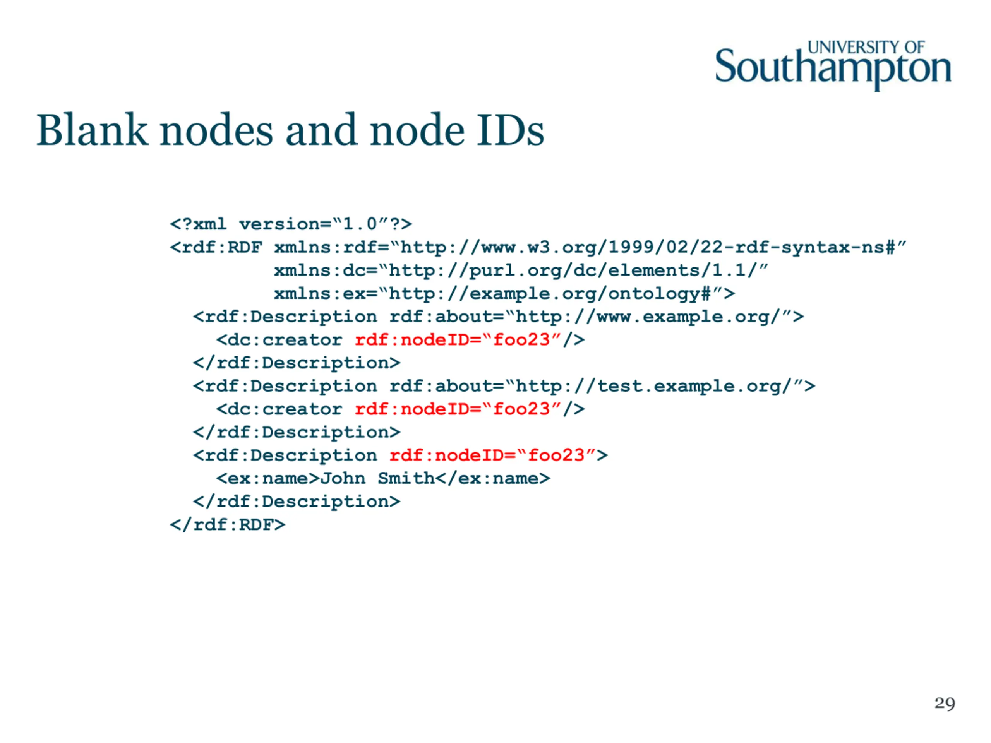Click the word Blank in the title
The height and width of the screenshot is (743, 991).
92,130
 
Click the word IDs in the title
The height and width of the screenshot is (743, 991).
510,130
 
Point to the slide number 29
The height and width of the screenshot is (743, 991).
945,703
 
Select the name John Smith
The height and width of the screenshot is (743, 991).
378,478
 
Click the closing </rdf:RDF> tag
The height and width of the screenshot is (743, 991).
227,524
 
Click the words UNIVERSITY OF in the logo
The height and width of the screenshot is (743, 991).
866,47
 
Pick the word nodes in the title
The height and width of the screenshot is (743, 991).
216,130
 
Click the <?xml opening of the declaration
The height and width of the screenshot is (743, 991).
198,224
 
